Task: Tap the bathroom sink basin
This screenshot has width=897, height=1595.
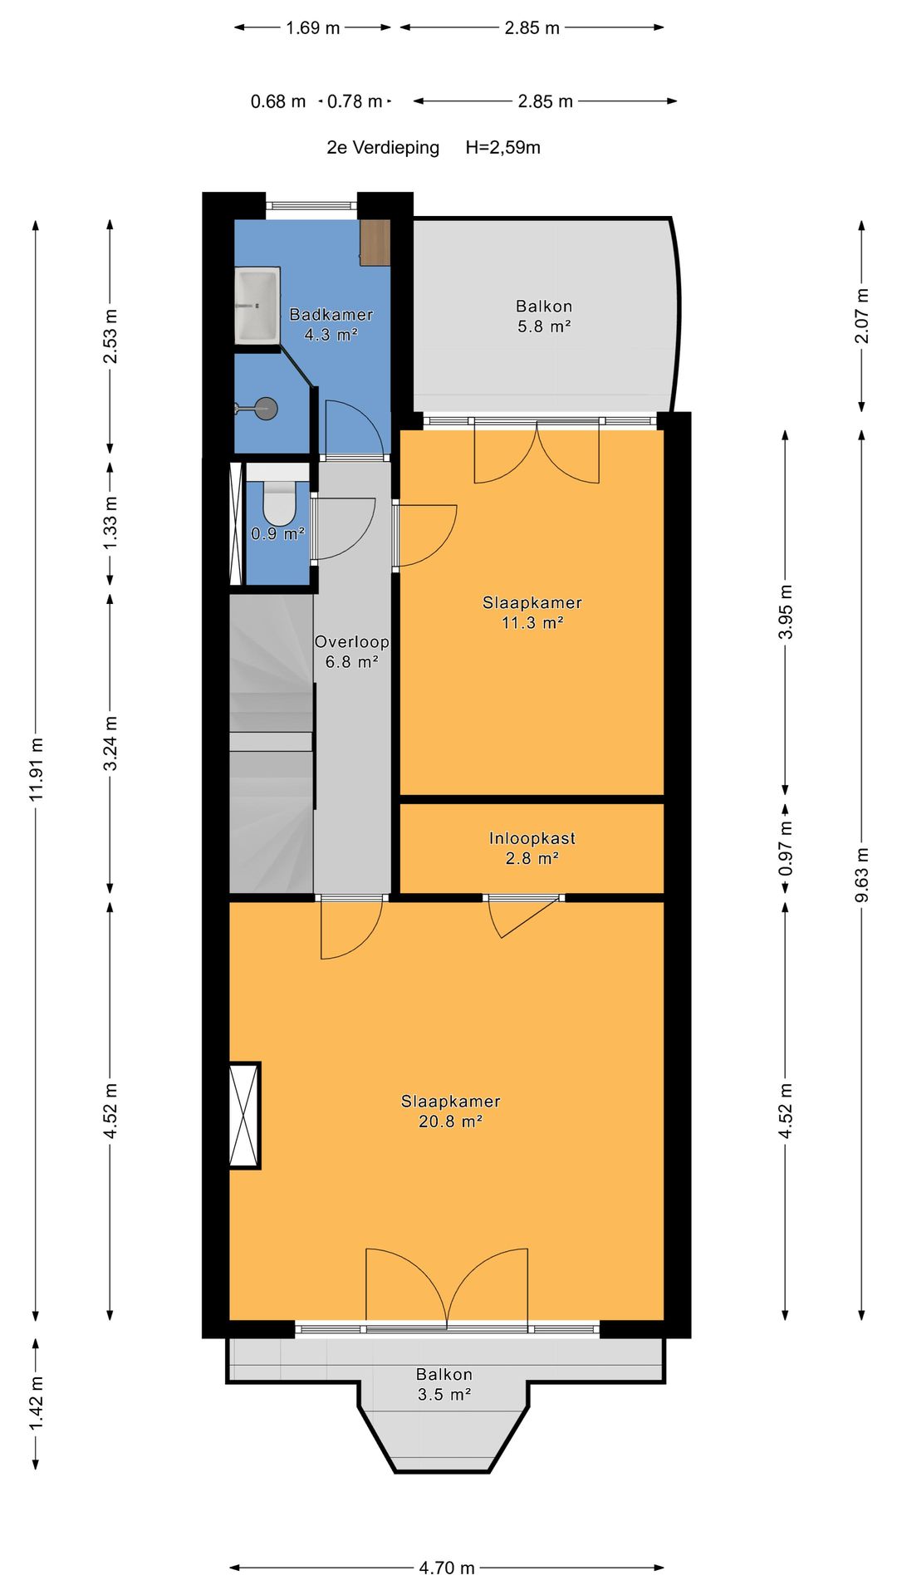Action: click(257, 305)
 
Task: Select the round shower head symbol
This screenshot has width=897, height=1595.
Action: click(265, 408)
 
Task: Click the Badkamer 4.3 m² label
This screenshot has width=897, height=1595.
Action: click(331, 324)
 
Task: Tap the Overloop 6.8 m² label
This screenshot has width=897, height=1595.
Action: click(351, 651)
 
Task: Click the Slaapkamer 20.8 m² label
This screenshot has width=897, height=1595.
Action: click(450, 1111)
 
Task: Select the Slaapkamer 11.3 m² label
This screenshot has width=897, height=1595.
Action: click(532, 612)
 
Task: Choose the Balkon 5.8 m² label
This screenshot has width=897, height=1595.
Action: click(544, 317)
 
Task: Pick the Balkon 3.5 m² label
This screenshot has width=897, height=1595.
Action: click(444, 1385)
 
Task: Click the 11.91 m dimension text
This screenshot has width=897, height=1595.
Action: click(36, 769)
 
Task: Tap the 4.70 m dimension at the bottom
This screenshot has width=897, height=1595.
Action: click(447, 1568)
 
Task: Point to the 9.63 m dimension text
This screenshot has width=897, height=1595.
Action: click(861, 875)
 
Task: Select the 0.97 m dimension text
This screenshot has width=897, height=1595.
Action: click(785, 847)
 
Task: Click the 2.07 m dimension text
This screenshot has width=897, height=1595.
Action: click(861, 316)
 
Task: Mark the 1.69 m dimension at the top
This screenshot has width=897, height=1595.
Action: click(312, 27)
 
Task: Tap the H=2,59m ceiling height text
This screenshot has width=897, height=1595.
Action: click(502, 147)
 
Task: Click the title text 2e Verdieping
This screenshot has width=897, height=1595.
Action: click(383, 148)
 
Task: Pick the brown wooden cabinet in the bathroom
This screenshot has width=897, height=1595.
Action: click(375, 243)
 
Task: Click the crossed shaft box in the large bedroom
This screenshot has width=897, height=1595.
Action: click(244, 1116)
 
